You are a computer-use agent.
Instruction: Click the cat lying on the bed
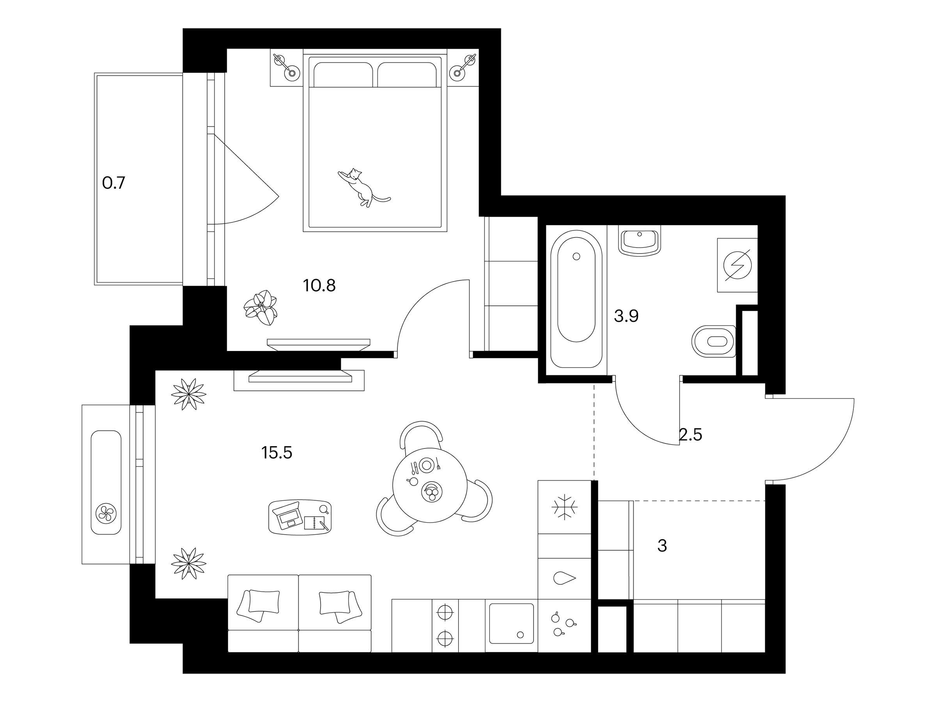pyautogui.click(x=363, y=188)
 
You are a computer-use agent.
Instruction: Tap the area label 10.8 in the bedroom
pyautogui.click(x=319, y=285)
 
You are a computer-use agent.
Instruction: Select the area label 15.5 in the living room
pyautogui.click(x=277, y=453)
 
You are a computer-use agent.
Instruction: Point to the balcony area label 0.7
pyautogui.click(x=114, y=183)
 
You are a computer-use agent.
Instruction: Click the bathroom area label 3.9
pyautogui.click(x=626, y=316)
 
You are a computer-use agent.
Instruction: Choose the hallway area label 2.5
pyautogui.click(x=691, y=434)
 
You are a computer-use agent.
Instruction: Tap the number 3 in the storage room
pyautogui.click(x=662, y=546)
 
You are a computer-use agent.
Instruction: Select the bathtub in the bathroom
pyautogui.click(x=576, y=299)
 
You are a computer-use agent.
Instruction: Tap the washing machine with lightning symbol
pyautogui.click(x=737, y=265)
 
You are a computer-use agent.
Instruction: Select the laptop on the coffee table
pyautogui.click(x=287, y=516)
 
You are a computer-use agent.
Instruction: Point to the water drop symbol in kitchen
pyautogui.click(x=564, y=578)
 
